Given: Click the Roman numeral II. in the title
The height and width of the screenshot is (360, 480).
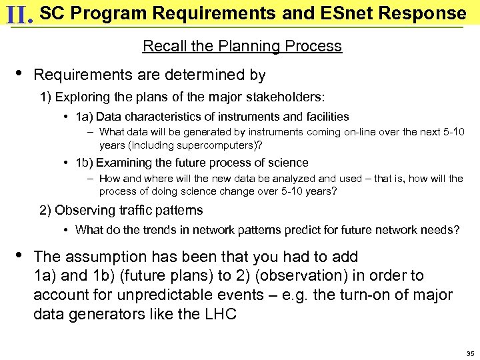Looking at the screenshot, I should click(x=18, y=14).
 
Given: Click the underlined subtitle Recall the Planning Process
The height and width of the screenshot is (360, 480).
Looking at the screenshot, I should click(x=242, y=46).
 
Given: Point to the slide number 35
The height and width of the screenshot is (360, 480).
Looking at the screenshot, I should click(x=470, y=353).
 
